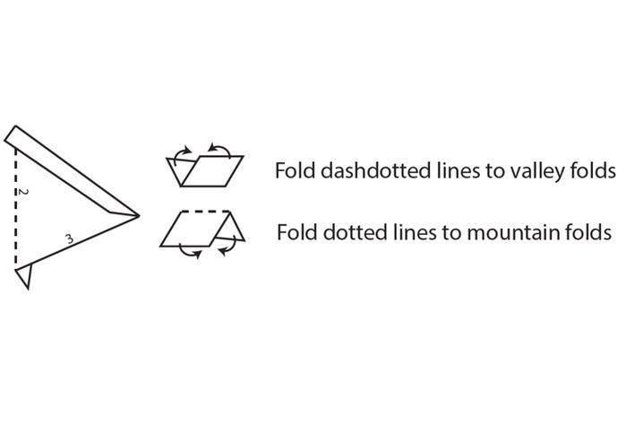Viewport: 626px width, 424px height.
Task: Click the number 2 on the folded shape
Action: pyautogui.click(x=23, y=192)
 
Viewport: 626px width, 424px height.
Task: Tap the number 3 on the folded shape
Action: pyautogui.click(x=70, y=239)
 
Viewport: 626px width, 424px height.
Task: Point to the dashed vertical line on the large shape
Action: pyautogui.click(x=16, y=207)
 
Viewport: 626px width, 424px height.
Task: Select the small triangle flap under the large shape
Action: pyautogui.click(x=23, y=276)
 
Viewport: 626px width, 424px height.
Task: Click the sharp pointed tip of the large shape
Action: pyautogui.click(x=140, y=216)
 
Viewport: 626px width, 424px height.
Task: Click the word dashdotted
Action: pyautogui.click(x=375, y=170)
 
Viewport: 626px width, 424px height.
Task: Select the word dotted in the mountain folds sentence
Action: pyautogui.click(x=356, y=232)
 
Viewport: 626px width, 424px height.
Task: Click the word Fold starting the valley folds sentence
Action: pyautogui.click(x=296, y=170)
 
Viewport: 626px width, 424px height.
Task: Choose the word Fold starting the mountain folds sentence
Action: pyautogui.click(x=298, y=232)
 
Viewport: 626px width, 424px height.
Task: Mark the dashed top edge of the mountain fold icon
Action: pyautogui.click(x=206, y=211)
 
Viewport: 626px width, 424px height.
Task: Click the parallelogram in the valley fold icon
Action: pyautogui.click(x=212, y=171)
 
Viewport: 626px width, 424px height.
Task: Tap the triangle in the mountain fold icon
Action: pyautogui.click(x=229, y=229)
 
